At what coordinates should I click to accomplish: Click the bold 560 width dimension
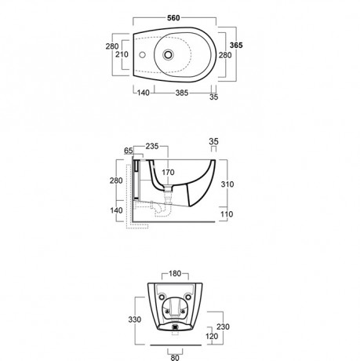click(x=173, y=18)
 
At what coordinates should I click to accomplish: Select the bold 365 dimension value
click(x=236, y=46)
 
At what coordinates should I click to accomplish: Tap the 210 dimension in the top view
click(x=122, y=54)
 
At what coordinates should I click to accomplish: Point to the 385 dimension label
click(x=182, y=93)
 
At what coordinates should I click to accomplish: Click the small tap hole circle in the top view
click(x=142, y=55)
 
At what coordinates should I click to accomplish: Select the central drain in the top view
click(x=168, y=55)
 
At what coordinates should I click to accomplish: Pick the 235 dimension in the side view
click(x=152, y=146)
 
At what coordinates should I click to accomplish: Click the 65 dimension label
click(x=129, y=151)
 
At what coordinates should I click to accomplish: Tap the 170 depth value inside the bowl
click(x=168, y=173)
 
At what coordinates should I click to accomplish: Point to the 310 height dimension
click(x=227, y=184)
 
